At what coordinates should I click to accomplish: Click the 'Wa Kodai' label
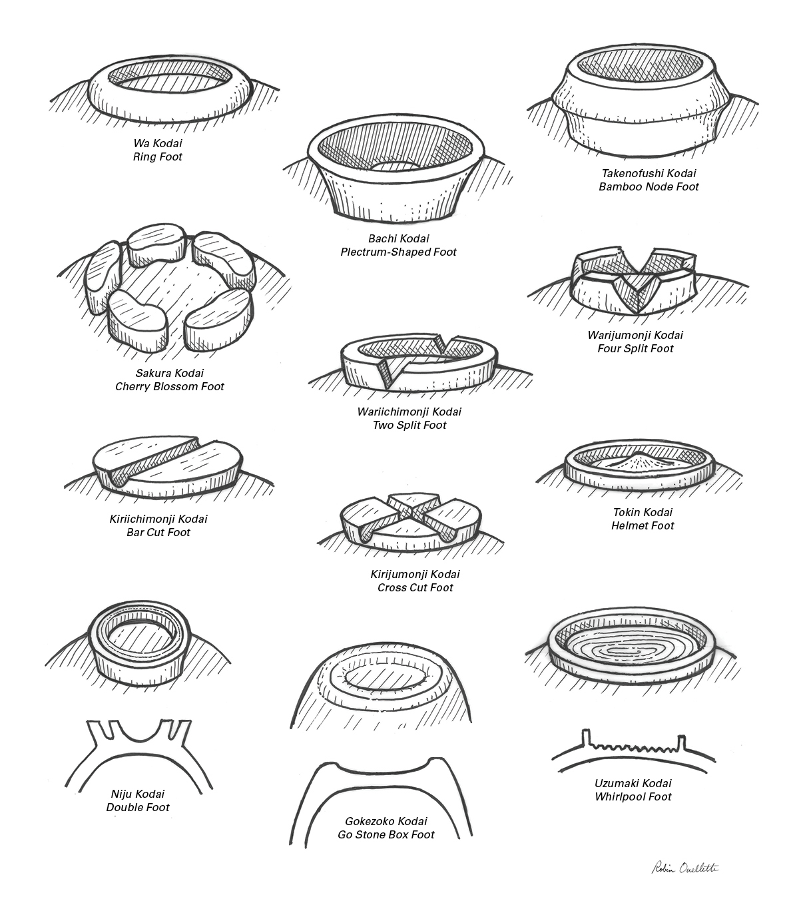158,143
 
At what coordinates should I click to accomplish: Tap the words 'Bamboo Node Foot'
649,186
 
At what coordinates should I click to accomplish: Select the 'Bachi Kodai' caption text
399,238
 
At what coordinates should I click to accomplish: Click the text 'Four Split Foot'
635,348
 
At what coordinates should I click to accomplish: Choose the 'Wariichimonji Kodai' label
409,412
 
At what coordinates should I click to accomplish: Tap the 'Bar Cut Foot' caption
158,532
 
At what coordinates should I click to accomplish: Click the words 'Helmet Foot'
643,525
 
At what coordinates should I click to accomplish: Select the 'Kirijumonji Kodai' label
415,574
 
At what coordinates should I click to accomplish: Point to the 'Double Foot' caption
138,807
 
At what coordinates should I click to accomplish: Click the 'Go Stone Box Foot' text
386,834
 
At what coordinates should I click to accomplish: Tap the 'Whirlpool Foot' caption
633,796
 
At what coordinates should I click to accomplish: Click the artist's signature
686,867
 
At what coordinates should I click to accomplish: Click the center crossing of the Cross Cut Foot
411,511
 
